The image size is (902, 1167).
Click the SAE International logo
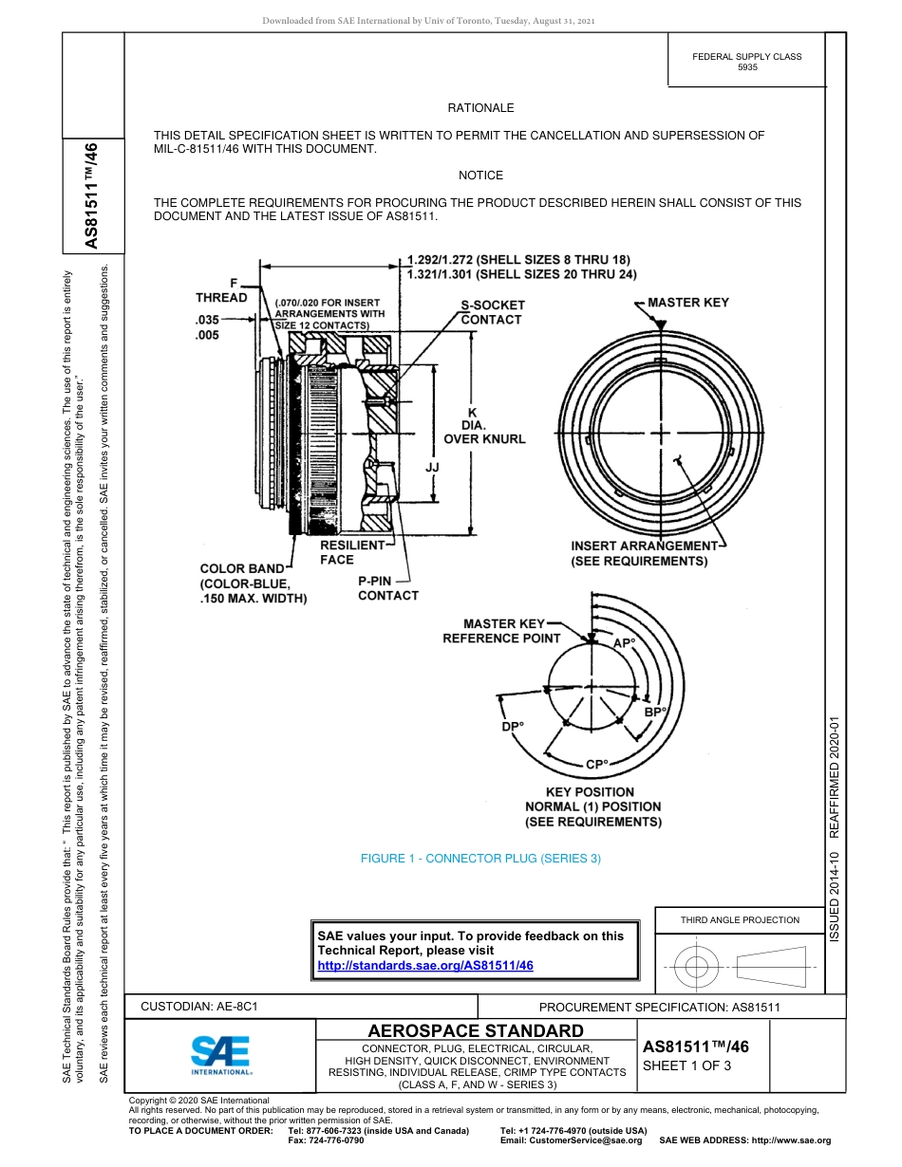221,1054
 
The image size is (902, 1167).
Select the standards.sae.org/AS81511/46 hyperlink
424,965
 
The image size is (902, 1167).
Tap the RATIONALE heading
480,109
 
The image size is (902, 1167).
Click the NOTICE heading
480,176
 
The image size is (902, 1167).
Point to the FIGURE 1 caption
480,859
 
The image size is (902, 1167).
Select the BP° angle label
655,712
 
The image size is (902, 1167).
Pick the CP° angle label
596,765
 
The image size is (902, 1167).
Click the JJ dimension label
433,469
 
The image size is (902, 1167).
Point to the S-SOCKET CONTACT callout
492,313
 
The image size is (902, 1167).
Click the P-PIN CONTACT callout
387,588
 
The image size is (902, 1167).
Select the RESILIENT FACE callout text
351,553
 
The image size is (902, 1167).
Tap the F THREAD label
221,290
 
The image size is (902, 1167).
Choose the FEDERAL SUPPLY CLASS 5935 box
746,63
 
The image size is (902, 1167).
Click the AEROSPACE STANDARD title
476,1031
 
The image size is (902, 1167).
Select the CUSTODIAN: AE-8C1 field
199,1007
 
